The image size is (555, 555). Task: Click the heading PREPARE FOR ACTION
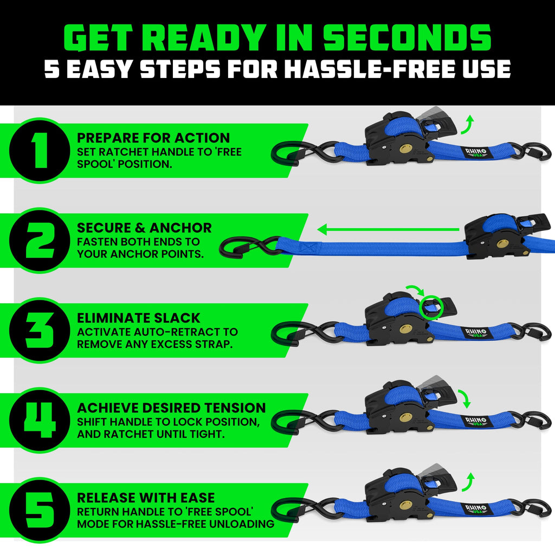pyautogui.click(x=153, y=138)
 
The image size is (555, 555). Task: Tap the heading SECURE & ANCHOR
pyautogui.click(x=144, y=228)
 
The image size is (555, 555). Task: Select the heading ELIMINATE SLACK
pyautogui.click(x=139, y=318)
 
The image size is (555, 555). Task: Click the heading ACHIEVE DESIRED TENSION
pyautogui.click(x=171, y=408)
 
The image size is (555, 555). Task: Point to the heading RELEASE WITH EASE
pyautogui.click(x=146, y=498)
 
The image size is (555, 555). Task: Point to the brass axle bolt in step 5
pyautogui.click(x=405, y=506)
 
